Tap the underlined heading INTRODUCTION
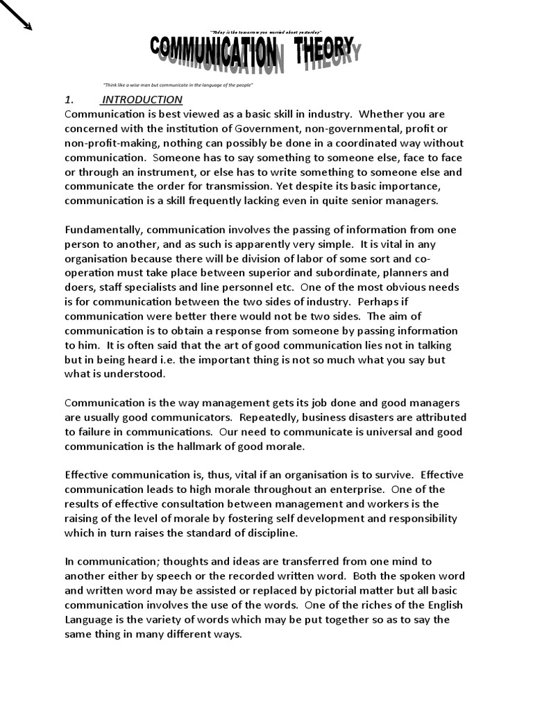coord(142,99)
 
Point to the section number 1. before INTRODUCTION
coord(69,99)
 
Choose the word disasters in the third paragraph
coord(363,417)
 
